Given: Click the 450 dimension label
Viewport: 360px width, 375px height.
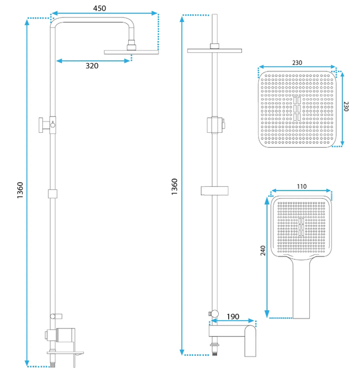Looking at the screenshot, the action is (100, 8).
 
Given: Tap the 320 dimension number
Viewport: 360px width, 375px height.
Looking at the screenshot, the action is (92, 65).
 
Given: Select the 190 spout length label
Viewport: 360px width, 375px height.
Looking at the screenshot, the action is (233, 317).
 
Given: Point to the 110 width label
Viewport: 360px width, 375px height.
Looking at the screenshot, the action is (302, 186).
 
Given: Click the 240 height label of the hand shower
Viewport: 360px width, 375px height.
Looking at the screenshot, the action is (263, 251).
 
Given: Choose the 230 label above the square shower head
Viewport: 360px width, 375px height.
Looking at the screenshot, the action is (297, 62).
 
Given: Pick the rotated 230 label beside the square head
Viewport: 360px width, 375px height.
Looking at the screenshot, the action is (346, 107).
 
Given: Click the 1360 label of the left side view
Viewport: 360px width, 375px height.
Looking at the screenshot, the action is (20, 190).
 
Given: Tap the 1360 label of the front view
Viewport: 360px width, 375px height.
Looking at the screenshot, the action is (175, 186).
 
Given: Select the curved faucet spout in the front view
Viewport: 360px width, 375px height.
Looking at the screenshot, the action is (250, 341).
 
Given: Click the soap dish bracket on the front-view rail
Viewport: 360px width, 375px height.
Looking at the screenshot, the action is (215, 190).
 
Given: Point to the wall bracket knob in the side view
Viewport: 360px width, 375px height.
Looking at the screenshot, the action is (42, 125).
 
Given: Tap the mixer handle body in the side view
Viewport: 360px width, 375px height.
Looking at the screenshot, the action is (66, 335).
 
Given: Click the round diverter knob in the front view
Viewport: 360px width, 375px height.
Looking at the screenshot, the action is (215, 314).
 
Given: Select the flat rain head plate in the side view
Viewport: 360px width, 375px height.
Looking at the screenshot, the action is (131, 52).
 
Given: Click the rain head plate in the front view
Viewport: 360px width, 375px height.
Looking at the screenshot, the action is (215, 51).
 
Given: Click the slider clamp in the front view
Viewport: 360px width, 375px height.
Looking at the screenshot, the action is (215, 125).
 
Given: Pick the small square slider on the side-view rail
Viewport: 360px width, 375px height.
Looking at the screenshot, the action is (52, 193).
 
